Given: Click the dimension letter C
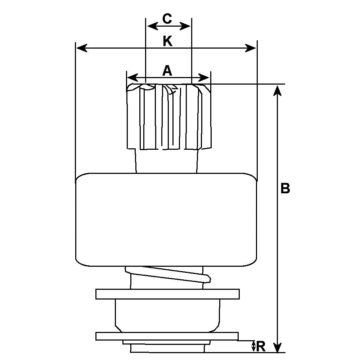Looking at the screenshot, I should pos(167,19).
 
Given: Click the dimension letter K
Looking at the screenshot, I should pos(167,41).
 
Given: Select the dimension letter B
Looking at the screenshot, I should pos(285,188).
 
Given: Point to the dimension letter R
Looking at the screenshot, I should pos(262,347).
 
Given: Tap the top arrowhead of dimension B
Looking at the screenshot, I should pos(277,90).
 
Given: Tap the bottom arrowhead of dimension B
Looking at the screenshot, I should pos(277,348).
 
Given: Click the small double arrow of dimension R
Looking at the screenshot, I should pos(254,346).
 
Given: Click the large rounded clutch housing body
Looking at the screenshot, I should pos(166,220).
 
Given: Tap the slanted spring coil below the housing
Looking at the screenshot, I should pos(167,275).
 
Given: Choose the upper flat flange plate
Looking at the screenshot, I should pos(167,294).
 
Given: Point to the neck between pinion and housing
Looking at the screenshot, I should pos(166,161).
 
